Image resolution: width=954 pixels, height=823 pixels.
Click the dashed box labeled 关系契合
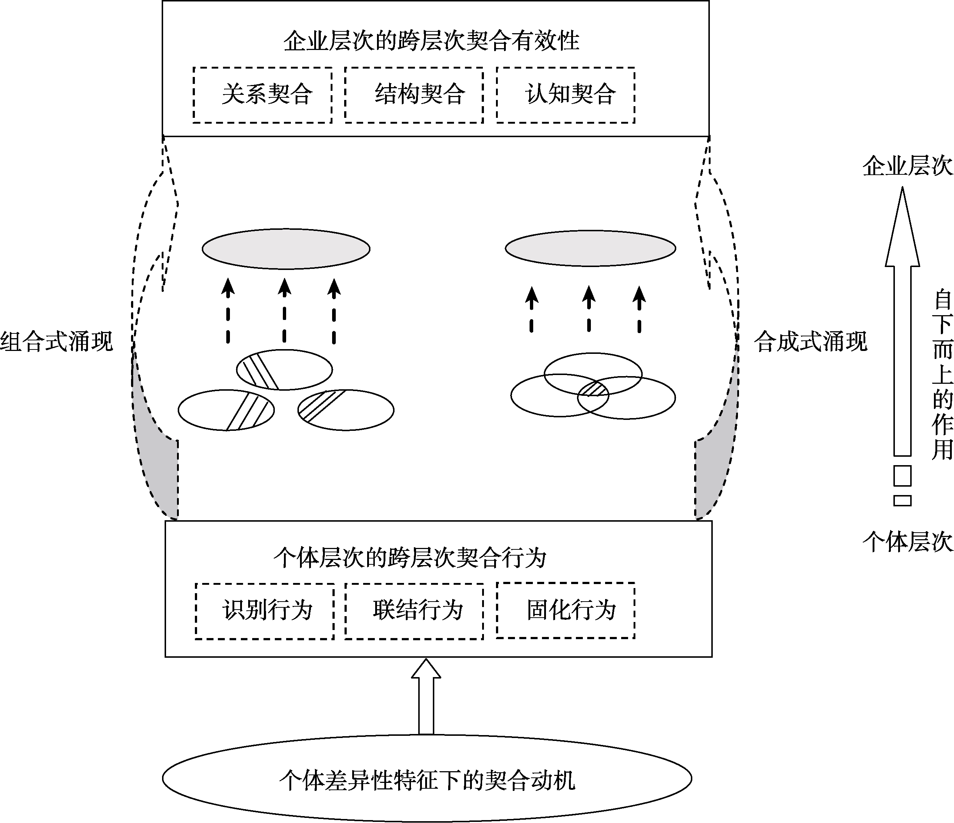point(262,95)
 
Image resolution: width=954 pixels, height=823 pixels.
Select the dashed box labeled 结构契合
point(414,95)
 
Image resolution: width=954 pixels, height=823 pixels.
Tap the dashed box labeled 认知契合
point(565,95)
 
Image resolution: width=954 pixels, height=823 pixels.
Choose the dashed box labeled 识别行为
point(265,611)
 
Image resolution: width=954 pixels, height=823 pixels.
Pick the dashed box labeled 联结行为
point(414,611)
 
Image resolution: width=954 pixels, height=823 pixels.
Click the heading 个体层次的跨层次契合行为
point(410,558)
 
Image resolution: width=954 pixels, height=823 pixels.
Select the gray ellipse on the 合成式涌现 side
point(590,248)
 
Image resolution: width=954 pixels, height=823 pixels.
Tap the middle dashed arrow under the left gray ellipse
point(285,311)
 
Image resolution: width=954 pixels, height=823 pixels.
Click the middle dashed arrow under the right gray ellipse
point(589,309)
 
